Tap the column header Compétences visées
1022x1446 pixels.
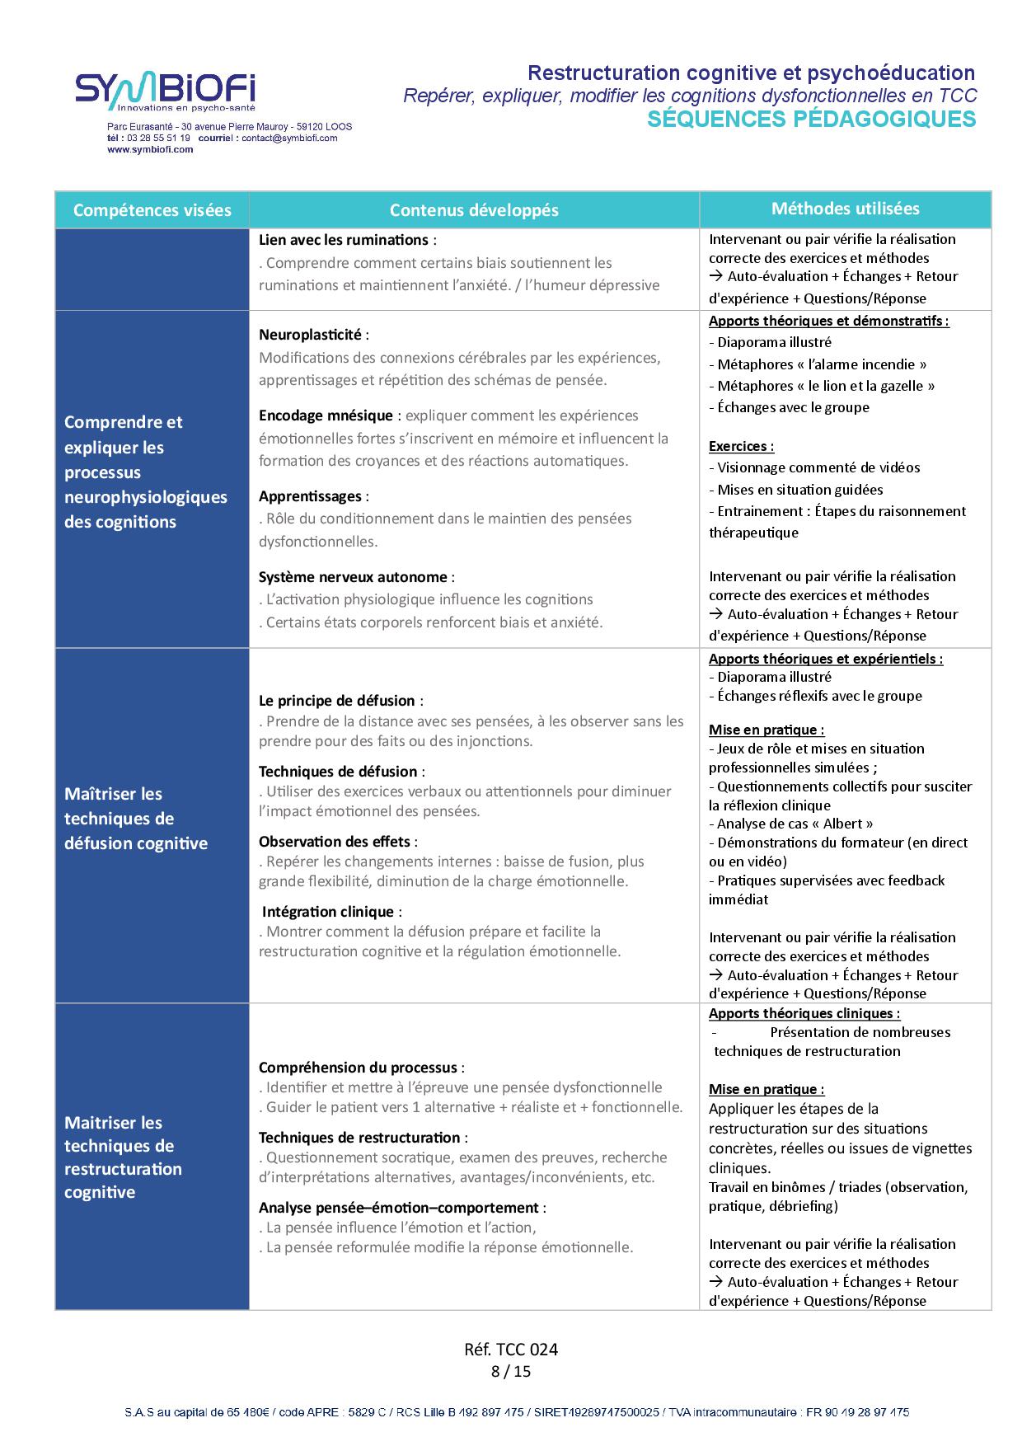pyautogui.click(x=152, y=210)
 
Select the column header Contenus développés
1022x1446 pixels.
pyautogui.click(x=474, y=210)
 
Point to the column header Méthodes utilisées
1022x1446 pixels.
pyautogui.click(x=845, y=209)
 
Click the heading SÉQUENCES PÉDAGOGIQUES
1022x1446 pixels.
pyautogui.click(x=812, y=120)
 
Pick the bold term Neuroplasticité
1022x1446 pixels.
pyautogui.click(x=310, y=335)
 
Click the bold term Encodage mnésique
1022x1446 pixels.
pyautogui.click(x=326, y=415)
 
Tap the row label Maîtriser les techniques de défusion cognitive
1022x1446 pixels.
pyautogui.click(x=136, y=819)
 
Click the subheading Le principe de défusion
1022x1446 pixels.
pyautogui.click(x=336, y=701)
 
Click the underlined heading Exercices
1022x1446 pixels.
pyautogui.click(x=741, y=446)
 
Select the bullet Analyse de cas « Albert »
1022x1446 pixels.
pyautogui.click(x=791, y=824)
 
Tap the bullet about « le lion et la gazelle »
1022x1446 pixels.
pyautogui.click(x=822, y=386)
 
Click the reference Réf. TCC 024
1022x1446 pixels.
pyautogui.click(x=511, y=1350)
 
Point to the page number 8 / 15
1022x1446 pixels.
pyautogui.click(x=511, y=1372)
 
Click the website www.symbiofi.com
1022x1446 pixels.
pyautogui.click(x=150, y=149)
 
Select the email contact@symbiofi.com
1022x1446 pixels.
pyautogui.click(x=289, y=138)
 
